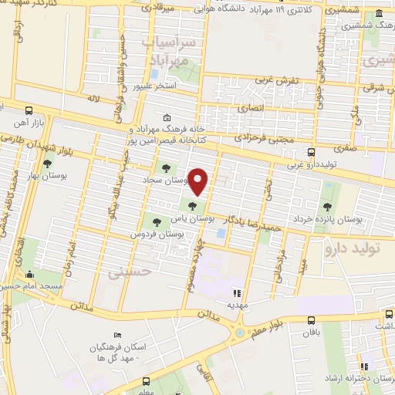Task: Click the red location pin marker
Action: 198,182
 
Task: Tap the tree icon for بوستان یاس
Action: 192,204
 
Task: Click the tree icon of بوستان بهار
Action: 48,163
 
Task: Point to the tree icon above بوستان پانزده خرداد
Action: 328,206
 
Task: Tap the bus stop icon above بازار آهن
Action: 29,110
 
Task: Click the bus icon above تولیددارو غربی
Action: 312,152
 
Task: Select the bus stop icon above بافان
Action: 312,321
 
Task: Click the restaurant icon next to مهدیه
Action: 238,293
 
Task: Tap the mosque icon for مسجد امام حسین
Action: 30,274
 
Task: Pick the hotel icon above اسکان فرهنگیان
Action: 117,335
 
